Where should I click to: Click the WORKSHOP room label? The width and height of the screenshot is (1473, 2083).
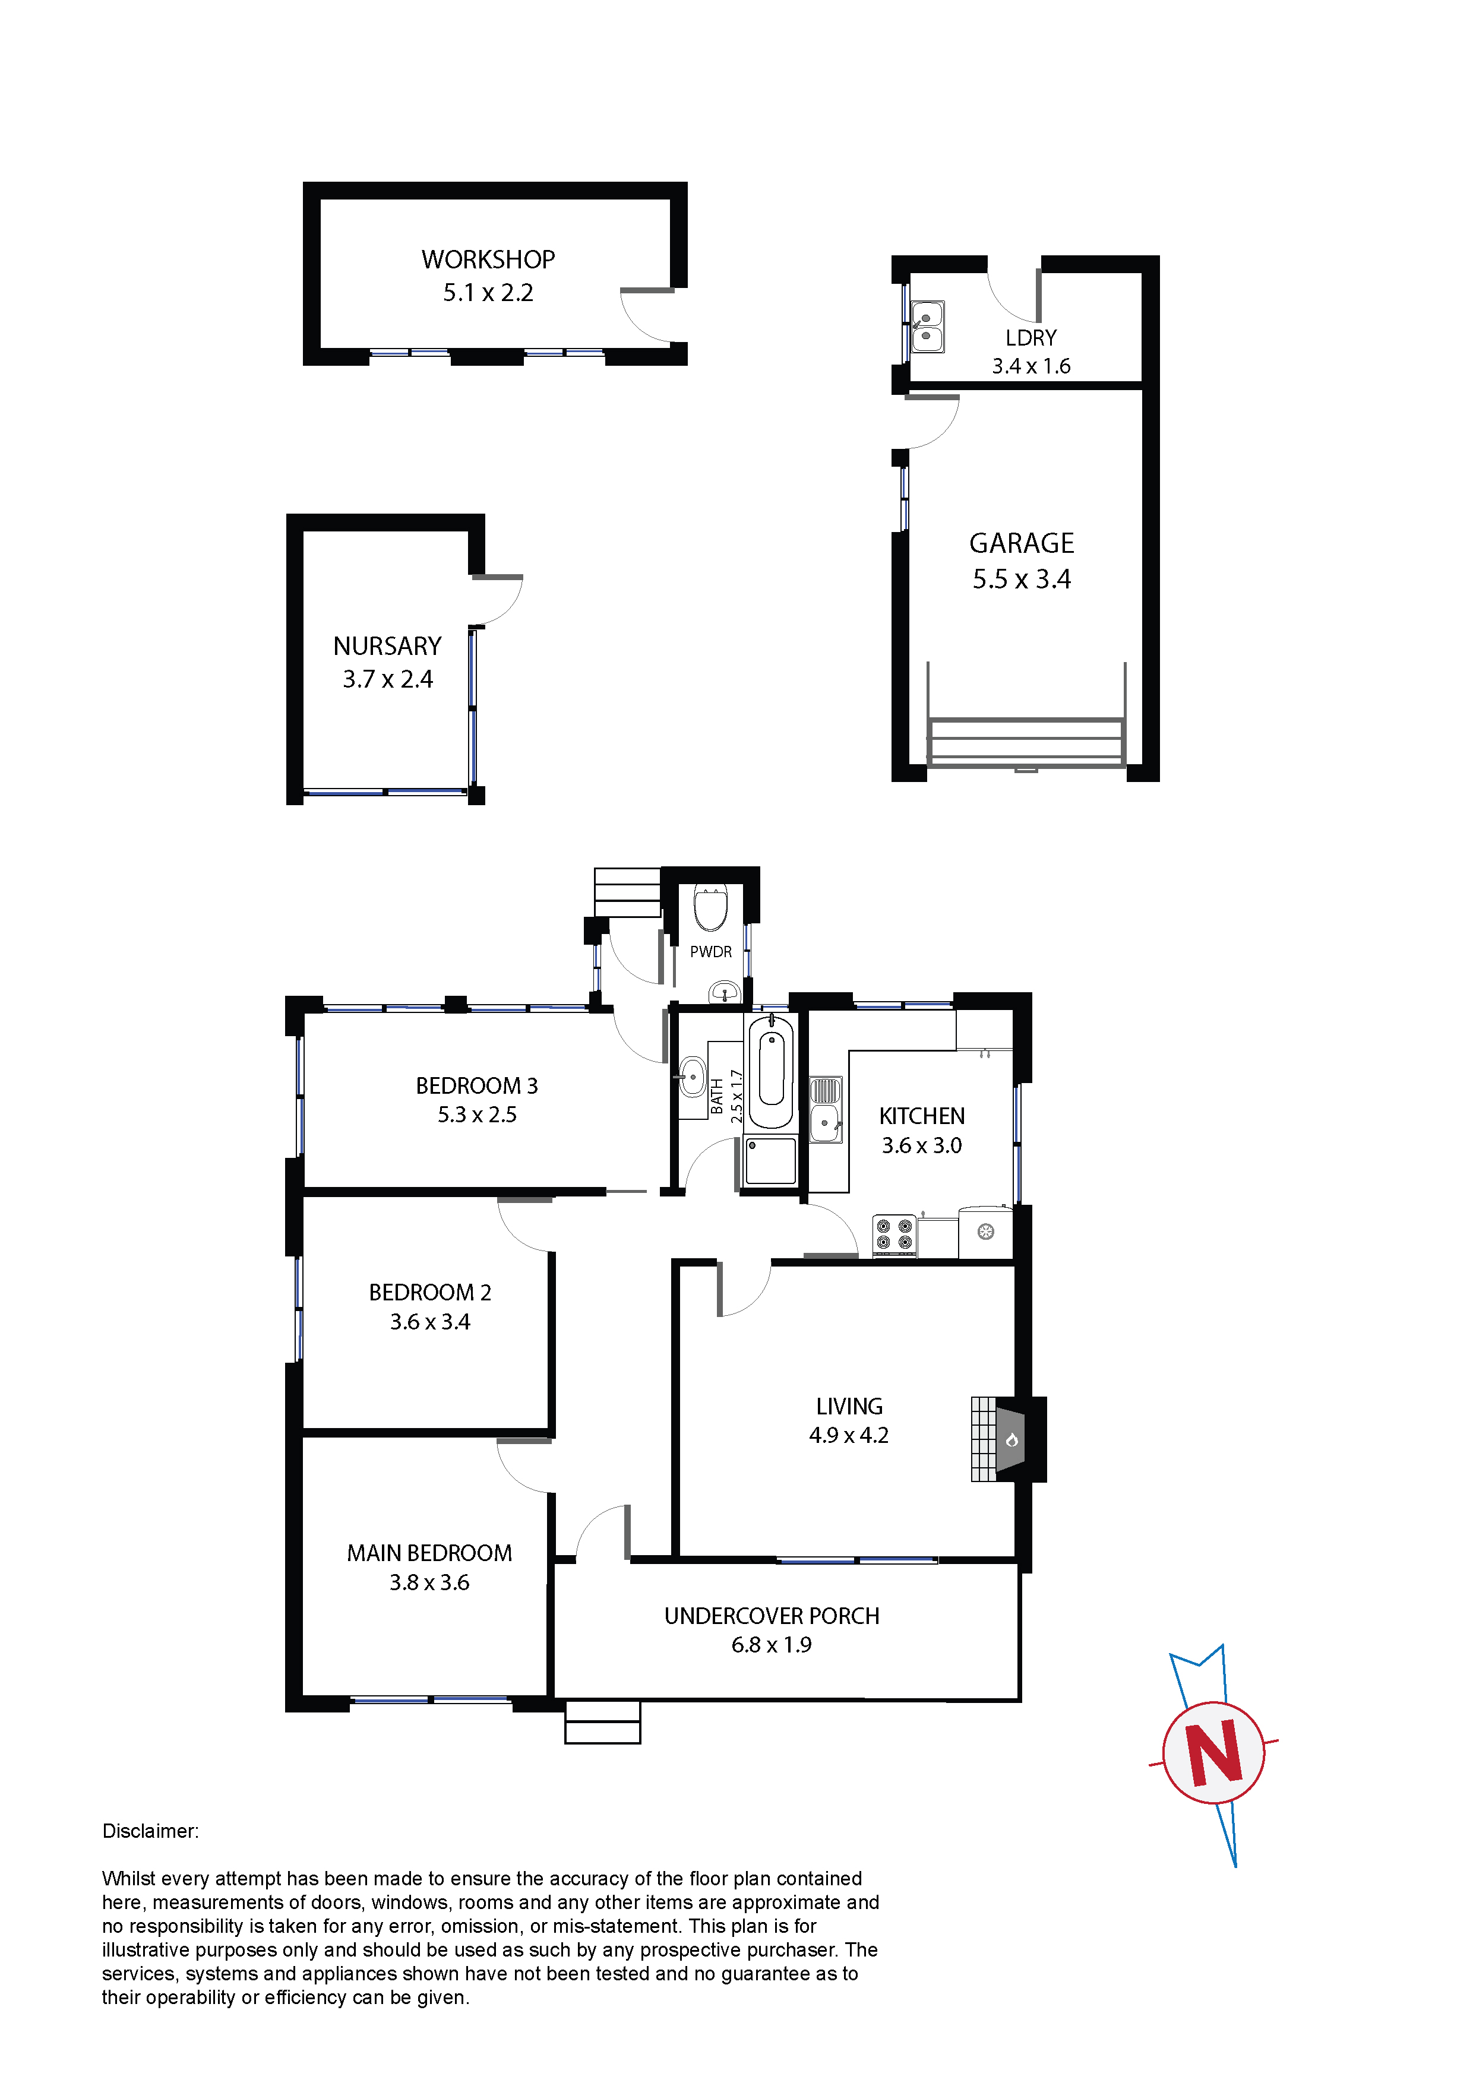[488, 259]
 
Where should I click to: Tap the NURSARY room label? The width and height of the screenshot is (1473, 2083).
[387, 646]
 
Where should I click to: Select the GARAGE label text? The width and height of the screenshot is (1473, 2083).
[1022, 543]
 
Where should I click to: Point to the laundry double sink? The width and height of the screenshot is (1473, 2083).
[927, 327]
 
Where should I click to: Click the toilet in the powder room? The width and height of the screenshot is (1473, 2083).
[710, 907]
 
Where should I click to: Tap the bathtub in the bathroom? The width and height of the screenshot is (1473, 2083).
[772, 1071]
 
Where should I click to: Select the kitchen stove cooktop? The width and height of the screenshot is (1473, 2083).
[894, 1236]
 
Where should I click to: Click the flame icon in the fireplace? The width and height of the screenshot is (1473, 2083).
[1012, 1440]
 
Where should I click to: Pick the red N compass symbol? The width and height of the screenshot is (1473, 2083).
[1215, 1753]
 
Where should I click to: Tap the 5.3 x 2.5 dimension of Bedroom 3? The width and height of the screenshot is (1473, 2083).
[478, 1115]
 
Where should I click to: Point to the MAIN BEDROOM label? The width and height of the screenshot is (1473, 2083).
[429, 1553]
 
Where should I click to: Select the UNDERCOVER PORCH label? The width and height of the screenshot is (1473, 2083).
[772, 1616]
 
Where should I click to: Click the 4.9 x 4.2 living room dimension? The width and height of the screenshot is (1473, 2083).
[849, 1435]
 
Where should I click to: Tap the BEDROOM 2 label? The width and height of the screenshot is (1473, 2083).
[430, 1292]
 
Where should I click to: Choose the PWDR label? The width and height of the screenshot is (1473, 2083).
[710, 952]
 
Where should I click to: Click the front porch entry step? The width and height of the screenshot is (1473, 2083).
[603, 1722]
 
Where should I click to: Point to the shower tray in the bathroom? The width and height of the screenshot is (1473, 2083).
[770, 1161]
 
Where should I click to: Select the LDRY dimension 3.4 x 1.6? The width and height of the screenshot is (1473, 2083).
[1031, 366]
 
